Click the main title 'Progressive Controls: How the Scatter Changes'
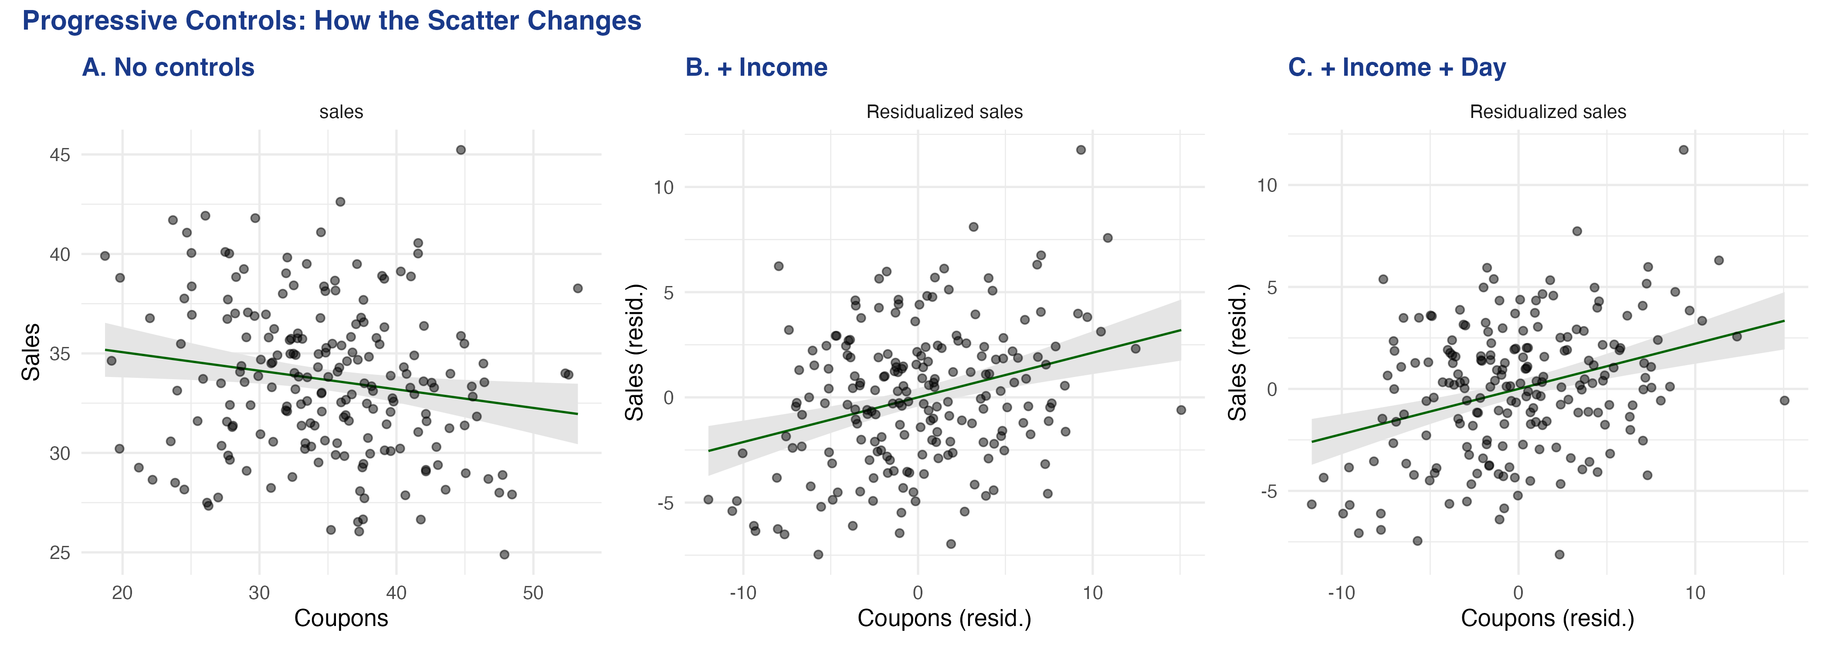pos(332,20)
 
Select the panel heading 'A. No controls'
pos(168,67)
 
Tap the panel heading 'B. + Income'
pos(756,67)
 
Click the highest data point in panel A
pos(461,150)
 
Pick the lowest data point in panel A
pos(505,554)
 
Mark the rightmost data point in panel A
pos(578,288)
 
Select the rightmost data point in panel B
pos(1181,410)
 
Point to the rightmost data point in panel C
pos(1784,401)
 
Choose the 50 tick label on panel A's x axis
pos(533,593)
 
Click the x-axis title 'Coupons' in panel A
pos(341,618)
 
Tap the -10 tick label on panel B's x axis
pos(743,593)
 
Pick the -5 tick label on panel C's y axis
pos(1268,491)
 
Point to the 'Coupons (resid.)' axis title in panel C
pos(1547,618)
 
